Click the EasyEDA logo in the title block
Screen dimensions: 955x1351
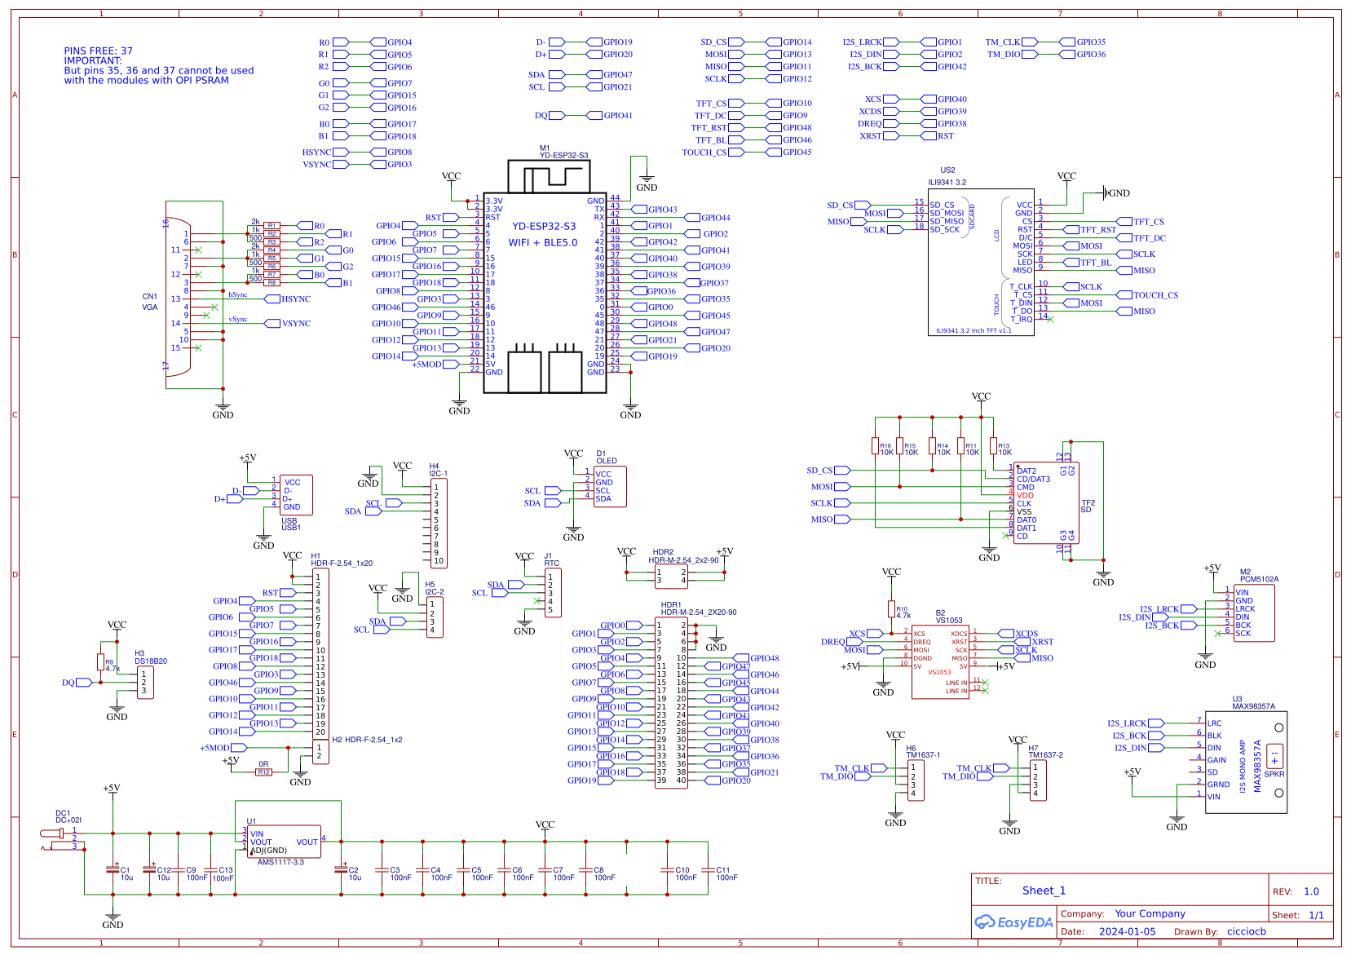pyautogui.click(x=1014, y=922)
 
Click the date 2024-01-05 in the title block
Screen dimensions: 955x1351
pyautogui.click(x=1127, y=931)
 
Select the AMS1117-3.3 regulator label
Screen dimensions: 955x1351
pyautogui.click(x=280, y=862)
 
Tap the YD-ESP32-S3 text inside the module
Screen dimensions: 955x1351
pyautogui.click(x=544, y=227)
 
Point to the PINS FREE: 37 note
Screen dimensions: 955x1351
pyautogui.click(x=99, y=51)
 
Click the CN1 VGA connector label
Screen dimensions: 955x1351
pyautogui.click(x=150, y=302)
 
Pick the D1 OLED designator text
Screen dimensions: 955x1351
pyautogui.click(x=606, y=457)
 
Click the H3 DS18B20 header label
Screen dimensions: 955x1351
pyautogui.click(x=150, y=657)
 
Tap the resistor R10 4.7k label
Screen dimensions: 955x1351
pyautogui.click(x=903, y=612)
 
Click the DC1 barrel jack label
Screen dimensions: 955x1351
pyautogui.click(x=68, y=816)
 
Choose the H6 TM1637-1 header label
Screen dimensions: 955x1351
pyautogui.click(x=922, y=751)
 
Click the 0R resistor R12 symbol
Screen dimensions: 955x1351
pyautogui.click(x=263, y=772)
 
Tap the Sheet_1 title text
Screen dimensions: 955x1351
pyautogui.click(x=1044, y=891)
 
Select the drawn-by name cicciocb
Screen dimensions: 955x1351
pyautogui.click(x=1246, y=931)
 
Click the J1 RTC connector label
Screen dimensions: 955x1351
pyautogui.click(x=551, y=559)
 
